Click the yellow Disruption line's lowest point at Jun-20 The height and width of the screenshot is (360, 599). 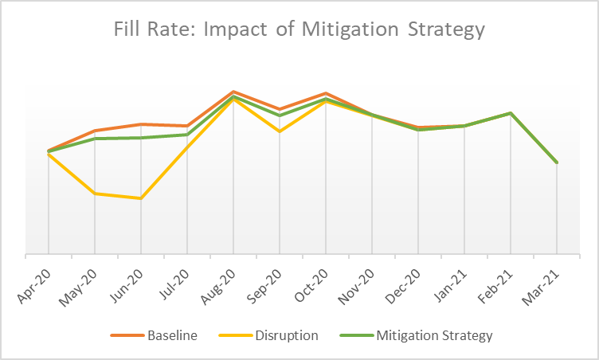tap(141, 198)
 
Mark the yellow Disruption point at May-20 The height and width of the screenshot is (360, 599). tap(95, 194)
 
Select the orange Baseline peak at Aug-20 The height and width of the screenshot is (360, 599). tap(233, 92)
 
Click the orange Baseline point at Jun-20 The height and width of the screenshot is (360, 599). tap(141, 124)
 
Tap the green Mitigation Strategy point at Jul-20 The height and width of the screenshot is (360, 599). tap(187, 135)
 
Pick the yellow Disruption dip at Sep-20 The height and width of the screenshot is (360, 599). tap(280, 131)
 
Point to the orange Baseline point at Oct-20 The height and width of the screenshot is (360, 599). tap(326, 93)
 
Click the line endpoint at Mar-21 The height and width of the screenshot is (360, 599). tap(557, 162)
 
